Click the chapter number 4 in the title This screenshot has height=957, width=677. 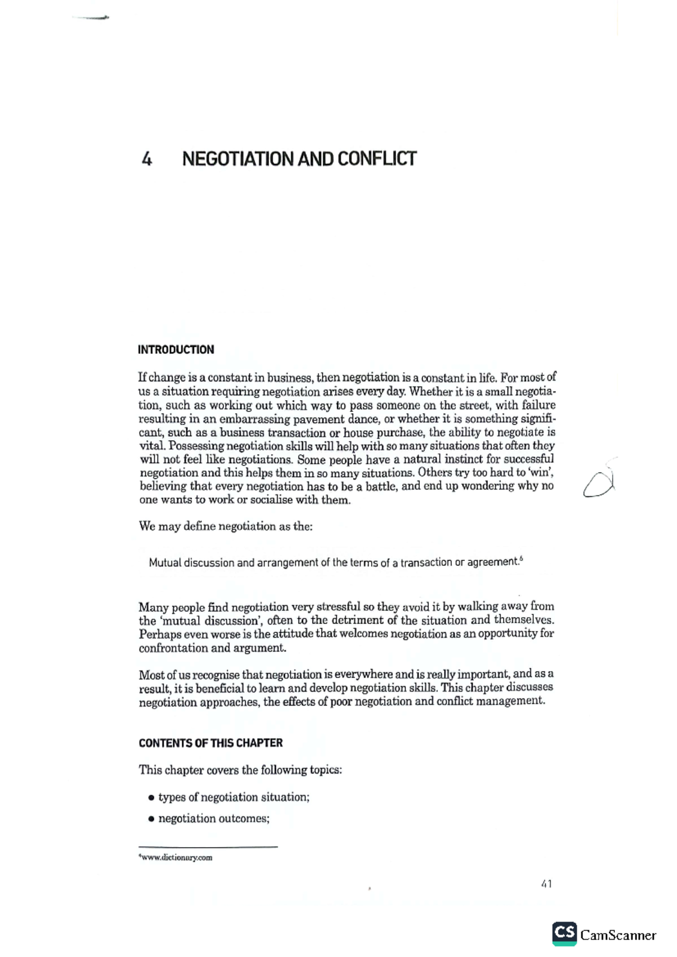(x=147, y=159)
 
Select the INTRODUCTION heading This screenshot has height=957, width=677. (x=176, y=349)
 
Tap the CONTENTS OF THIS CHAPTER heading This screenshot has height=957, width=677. (x=210, y=743)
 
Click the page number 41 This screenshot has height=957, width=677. (x=546, y=884)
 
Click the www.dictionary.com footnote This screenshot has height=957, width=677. (x=176, y=858)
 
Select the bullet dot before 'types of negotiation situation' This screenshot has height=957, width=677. (x=151, y=798)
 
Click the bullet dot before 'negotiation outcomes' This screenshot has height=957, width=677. (x=151, y=819)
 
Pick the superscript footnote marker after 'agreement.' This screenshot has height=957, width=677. (x=521, y=559)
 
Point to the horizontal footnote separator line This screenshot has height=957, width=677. (x=208, y=847)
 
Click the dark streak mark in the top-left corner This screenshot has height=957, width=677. (x=90, y=18)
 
